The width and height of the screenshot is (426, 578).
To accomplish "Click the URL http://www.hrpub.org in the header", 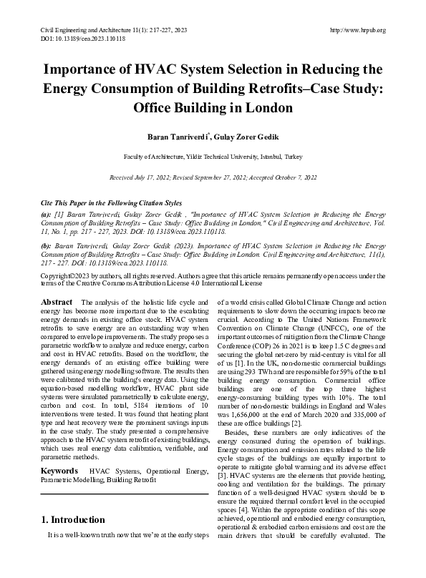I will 358,30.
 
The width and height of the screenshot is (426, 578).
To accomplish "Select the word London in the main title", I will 269,109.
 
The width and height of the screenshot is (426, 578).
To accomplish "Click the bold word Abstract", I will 57,303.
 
